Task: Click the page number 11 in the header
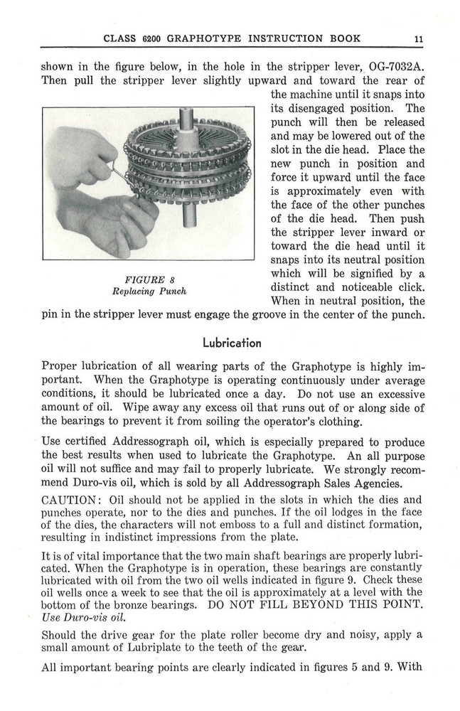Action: coord(420,38)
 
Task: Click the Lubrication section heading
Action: coord(232,343)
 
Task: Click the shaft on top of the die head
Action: coord(187,117)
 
